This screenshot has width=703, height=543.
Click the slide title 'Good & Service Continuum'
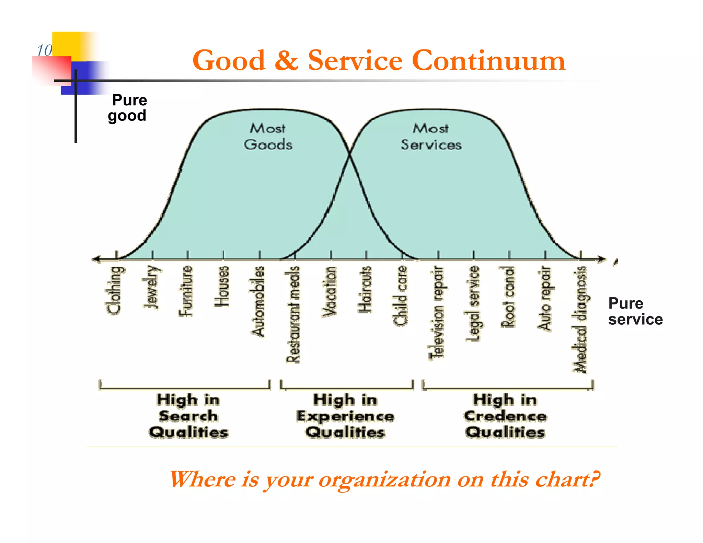(x=378, y=60)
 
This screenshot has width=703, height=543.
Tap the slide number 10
(x=45, y=50)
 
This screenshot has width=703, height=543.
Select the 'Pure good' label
(x=128, y=108)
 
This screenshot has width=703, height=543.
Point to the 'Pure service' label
(x=635, y=311)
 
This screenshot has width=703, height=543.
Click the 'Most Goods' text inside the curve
(x=268, y=137)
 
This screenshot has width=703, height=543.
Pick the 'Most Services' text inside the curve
(x=431, y=137)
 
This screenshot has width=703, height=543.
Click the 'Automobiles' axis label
(x=258, y=301)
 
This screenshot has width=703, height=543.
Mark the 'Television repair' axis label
(x=436, y=312)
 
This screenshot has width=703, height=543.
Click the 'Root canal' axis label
(x=508, y=297)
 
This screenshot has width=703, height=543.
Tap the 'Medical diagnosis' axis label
(x=580, y=319)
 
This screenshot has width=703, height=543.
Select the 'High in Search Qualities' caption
(x=188, y=416)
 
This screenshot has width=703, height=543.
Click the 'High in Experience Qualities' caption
(x=345, y=416)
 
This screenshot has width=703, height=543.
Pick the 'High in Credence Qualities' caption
(x=505, y=416)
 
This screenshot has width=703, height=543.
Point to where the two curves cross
(x=350, y=154)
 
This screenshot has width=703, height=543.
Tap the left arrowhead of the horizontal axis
(x=95, y=259)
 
